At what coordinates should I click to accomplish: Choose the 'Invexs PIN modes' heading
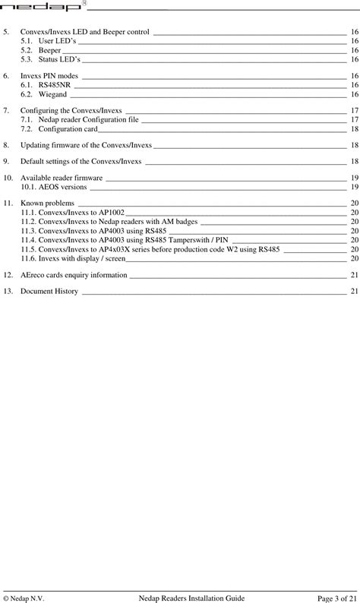tap(49, 77)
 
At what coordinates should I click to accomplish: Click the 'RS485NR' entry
tap(54, 86)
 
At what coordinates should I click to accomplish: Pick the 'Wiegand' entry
tap(52, 95)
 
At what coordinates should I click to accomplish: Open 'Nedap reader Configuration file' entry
tap(88, 119)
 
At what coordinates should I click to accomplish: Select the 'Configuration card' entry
tap(68, 128)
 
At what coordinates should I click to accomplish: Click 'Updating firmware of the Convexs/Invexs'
tap(86, 144)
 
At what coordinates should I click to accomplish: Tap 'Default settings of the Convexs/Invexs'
tap(81, 161)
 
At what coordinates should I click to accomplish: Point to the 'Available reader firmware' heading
tap(62, 177)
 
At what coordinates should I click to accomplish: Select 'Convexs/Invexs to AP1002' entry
tap(72, 213)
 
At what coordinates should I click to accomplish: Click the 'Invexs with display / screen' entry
tap(73, 258)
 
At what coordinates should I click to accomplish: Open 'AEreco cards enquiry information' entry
tap(74, 274)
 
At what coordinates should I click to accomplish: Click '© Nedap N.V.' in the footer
tap(24, 597)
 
